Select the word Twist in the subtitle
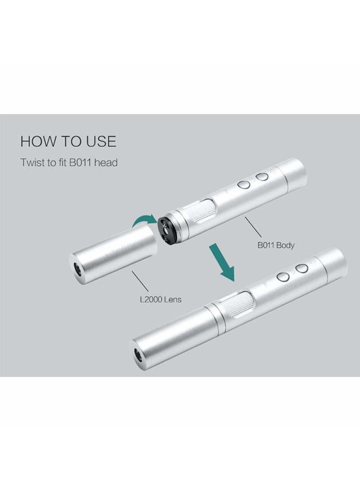[x=32, y=163]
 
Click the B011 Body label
[x=276, y=245]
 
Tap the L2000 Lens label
[x=160, y=300]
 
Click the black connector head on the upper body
[x=167, y=230]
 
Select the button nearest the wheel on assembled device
[x=284, y=277]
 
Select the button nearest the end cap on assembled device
[x=302, y=268]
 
